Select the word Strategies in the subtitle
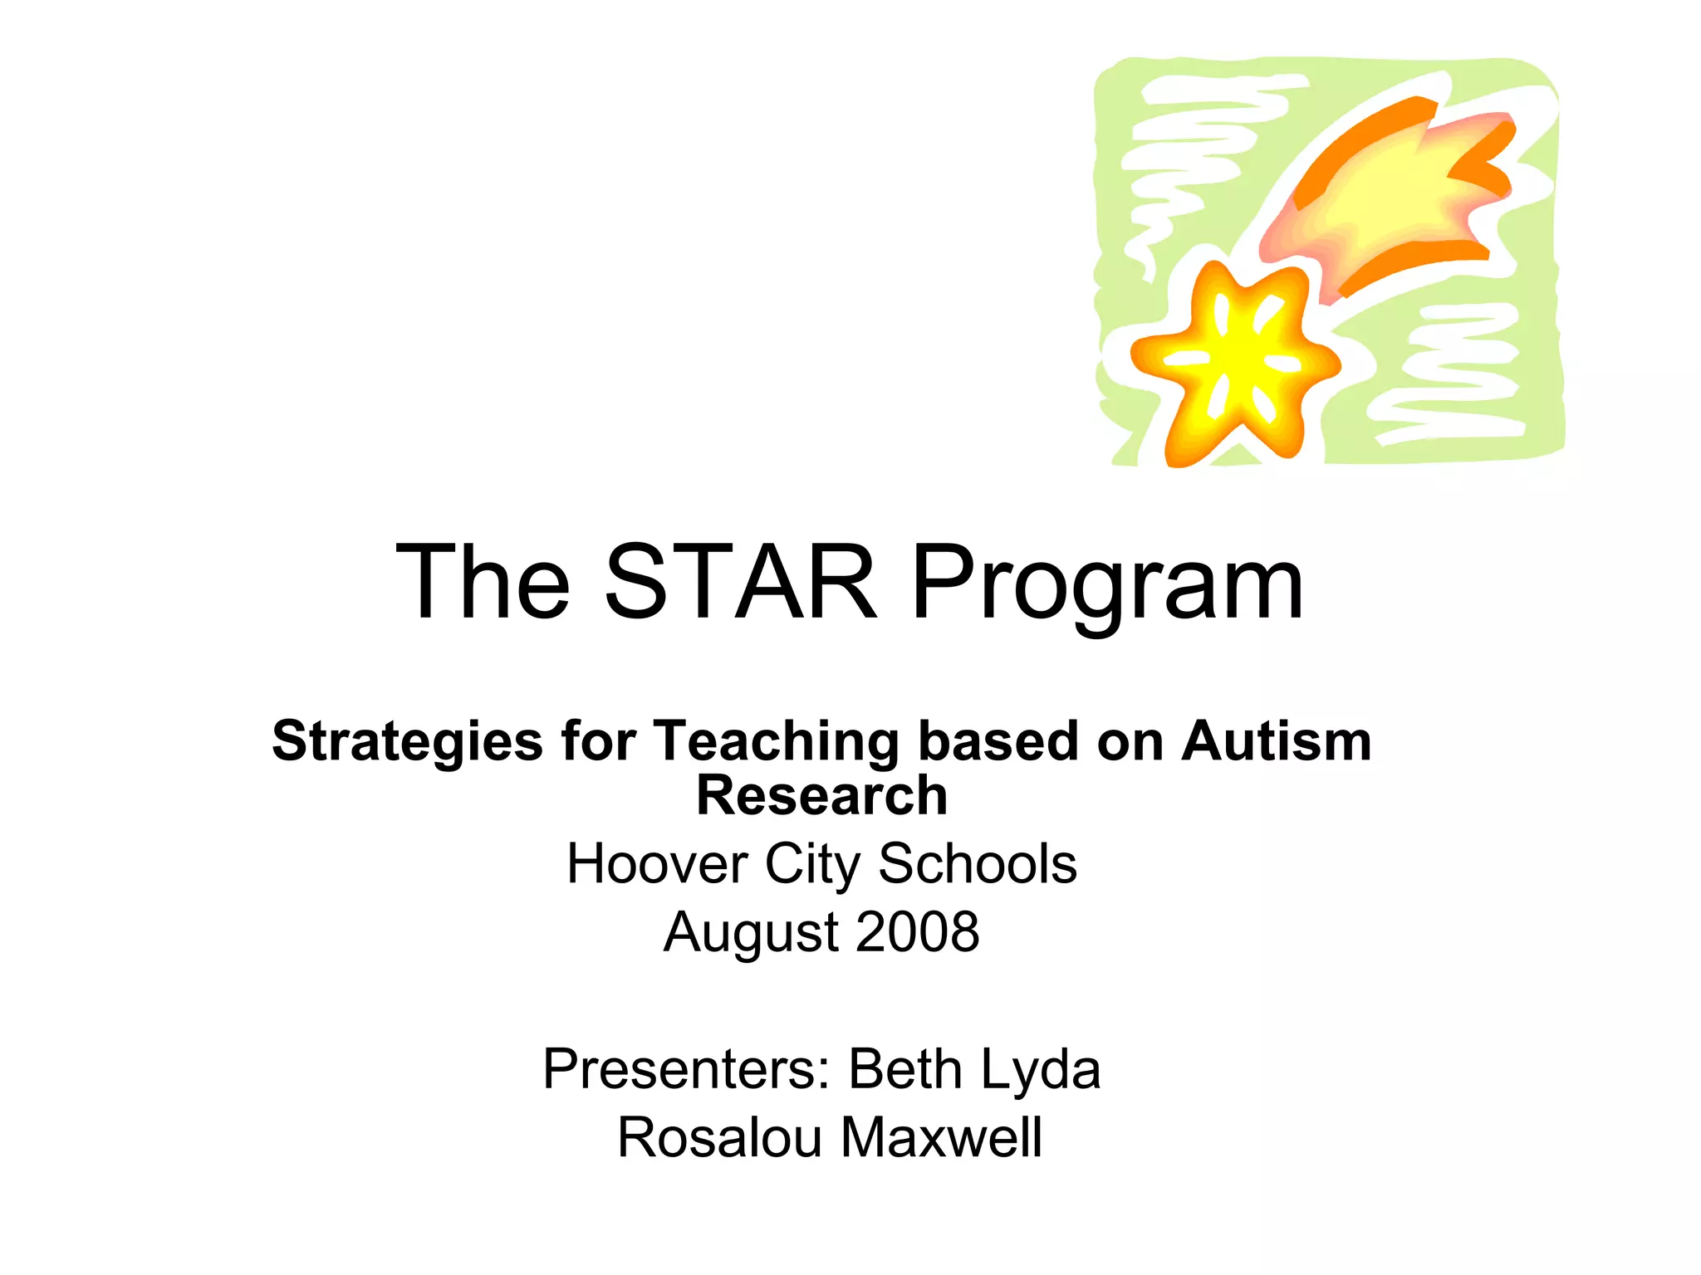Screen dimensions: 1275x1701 (407, 742)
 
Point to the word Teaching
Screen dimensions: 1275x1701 (777, 742)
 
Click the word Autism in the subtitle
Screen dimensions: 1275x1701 (1276, 740)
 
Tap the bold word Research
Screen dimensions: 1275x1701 (821, 795)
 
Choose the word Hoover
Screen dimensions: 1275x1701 (657, 864)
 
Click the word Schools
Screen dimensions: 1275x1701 (978, 864)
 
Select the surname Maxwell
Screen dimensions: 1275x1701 (941, 1137)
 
